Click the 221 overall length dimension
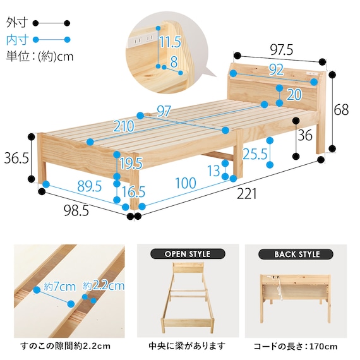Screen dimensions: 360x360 (x=246, y=195)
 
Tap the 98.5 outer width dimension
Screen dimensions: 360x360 (x=76, y=211)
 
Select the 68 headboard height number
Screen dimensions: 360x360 (x=341, y=110)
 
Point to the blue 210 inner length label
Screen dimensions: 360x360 (x=124, y=126)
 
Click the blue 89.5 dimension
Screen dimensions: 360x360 (x=89, y=186)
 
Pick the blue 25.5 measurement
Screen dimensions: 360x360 (x=255, y=154)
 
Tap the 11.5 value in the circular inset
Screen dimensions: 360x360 (x=170, y=42)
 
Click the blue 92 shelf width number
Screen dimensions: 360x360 (x=276, y=70)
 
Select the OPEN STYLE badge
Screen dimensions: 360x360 (x=188, y=254)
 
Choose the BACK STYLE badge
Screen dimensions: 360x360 (x=296, y=255)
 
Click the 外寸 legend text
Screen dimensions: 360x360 (x=17, y=23)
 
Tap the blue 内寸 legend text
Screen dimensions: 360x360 (x=17, y=40)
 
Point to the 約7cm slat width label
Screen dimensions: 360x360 (x=59, y=287)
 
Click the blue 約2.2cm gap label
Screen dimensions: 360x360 (x=104, y=285)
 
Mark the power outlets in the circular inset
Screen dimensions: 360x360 (x=143, y=39)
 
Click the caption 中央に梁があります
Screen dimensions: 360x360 (x=187, y=346)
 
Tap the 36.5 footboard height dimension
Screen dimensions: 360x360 (x=16, y=158)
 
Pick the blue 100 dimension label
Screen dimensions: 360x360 (x=186, y=183)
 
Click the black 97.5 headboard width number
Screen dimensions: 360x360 (x=282, y=50)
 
